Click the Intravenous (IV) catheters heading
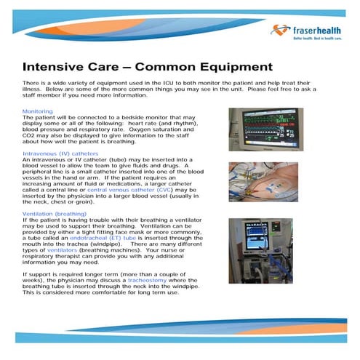pos(60,154)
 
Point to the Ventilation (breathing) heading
pos(55,214)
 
